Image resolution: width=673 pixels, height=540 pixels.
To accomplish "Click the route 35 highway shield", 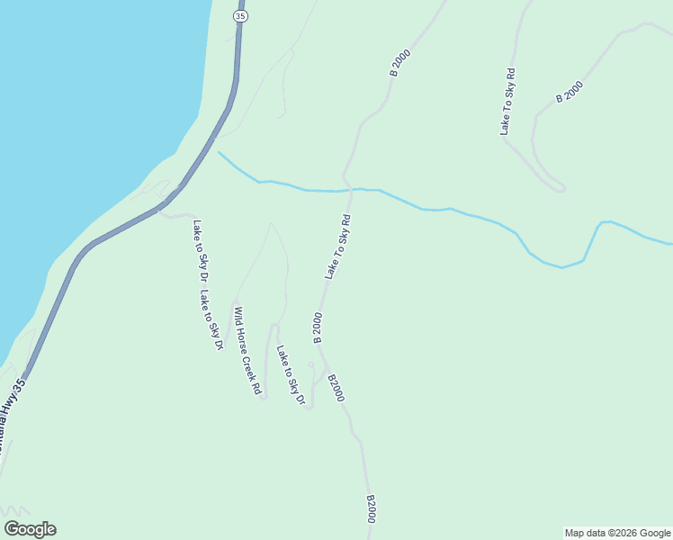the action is pyautogui.click(x=239, y=16).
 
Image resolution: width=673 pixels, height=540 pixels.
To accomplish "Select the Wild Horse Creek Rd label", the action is pyautogui.click(x=247, y=351).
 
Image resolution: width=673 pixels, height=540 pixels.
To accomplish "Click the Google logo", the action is pyautogui.click(x=30, y=529).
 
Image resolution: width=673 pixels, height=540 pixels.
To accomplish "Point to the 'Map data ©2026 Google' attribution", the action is pyautogui.click(x=617, y=533).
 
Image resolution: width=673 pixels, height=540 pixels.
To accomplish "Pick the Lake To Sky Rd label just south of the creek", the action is pyautogui.click(x=337, y=247).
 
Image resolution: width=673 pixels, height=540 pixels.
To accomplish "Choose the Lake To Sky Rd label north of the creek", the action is pyautogui.click(x=507, y=102).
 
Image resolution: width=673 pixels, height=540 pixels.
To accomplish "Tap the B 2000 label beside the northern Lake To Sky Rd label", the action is pyautogui.click(x=570, y=92).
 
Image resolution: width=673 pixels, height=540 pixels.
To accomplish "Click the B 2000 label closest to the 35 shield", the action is pyautogui.click(x=399, y=62).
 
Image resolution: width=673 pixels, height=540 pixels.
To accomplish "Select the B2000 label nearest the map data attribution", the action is pyautogui.click(x=371, y=509).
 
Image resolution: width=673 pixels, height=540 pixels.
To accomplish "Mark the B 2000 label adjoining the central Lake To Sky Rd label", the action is pyautogui.click(x=317, y=328).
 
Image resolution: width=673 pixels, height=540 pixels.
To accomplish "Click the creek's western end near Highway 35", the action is pyautogui.click(x=220, y=153).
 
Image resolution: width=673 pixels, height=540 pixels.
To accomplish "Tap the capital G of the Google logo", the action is pyautogui.click(x=12, y=528).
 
